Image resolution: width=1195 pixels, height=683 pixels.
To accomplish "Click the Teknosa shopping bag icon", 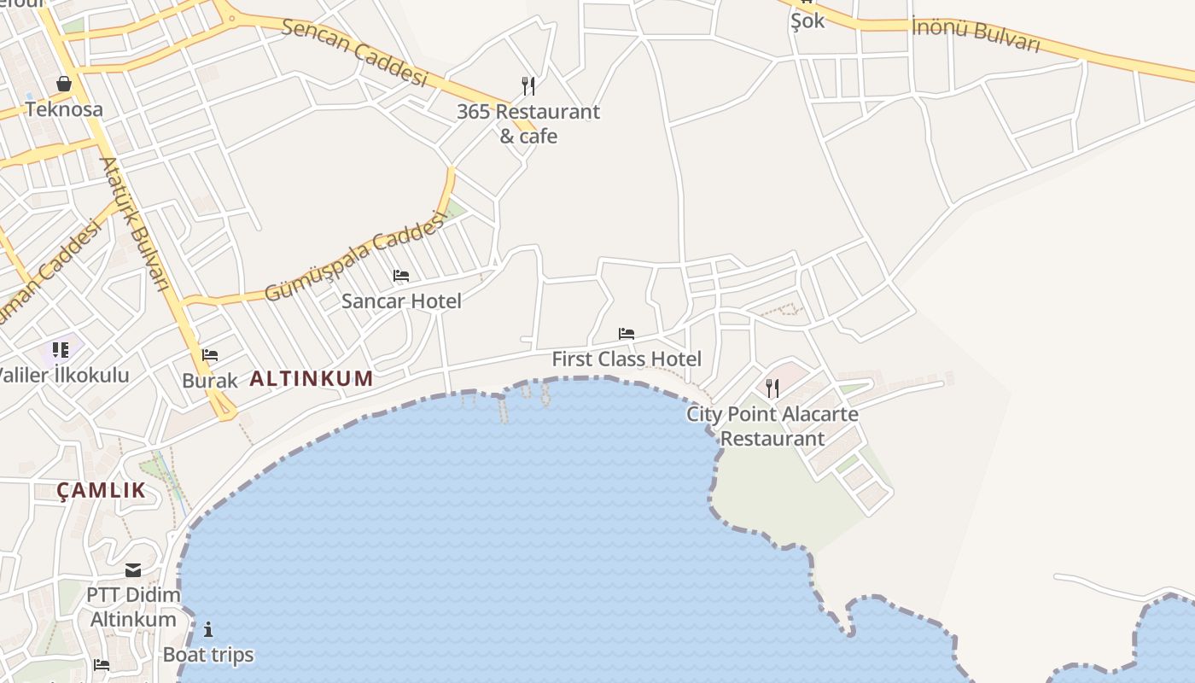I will click(63, 84).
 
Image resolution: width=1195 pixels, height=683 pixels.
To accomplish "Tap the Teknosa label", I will click(64, 109).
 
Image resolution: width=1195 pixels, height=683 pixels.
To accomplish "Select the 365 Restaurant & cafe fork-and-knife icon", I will click(528, 85).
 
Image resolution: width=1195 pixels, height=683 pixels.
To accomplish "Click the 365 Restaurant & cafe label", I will click(528, 124).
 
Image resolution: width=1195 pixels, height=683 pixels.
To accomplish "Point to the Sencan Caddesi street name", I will click(354, 50).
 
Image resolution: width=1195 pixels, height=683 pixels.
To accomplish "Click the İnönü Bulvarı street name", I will click(976, 34).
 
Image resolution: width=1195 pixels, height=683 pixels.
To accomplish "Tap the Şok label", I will click(807, 21).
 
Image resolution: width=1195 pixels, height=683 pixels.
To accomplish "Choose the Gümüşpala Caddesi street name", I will click(356, 256).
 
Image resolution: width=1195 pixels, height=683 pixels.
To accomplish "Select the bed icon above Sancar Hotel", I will click(401, 276).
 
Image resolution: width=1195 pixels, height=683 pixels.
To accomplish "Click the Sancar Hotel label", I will click(401, 301).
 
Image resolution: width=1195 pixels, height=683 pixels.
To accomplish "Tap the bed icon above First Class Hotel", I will click(627, 334).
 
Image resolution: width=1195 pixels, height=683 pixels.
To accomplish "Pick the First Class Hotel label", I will click(627, 359).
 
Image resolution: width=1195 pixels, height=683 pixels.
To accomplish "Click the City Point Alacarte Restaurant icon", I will click(772, 388).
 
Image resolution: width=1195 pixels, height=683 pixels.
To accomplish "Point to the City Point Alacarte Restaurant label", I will click(772, 426).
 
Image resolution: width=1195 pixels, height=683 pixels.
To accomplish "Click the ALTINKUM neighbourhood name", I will click(312, 379).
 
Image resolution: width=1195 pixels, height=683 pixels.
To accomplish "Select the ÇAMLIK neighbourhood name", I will click(102, 491).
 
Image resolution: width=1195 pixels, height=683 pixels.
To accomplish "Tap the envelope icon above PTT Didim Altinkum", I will click(133, 569).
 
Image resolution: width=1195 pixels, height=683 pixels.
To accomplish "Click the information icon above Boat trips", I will click(208, 630).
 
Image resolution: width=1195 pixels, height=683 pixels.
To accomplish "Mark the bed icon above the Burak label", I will click(210, 355).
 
